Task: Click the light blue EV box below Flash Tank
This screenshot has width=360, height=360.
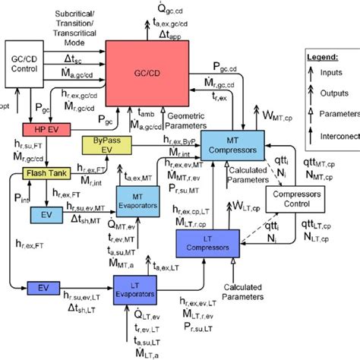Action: (45, 215)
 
